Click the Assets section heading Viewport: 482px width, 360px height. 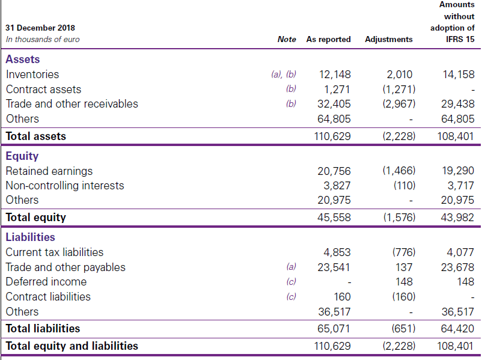23,59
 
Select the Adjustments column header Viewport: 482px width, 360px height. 388,39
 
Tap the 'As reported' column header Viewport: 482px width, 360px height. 328,39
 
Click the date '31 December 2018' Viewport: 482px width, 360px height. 40,28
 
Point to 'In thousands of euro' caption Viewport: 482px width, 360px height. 42,39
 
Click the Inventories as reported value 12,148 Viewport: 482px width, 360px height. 335,75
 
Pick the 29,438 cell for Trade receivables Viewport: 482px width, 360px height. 457,104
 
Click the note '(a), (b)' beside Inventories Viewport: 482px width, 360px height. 284,75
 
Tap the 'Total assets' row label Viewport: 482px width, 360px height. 36,136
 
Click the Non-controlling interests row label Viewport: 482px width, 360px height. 65,186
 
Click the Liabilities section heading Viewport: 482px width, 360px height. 30,237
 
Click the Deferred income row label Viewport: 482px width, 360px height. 46,282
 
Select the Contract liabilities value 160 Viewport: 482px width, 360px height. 342,297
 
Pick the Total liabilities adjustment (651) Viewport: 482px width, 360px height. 402,329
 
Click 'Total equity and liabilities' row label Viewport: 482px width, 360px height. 72,346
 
